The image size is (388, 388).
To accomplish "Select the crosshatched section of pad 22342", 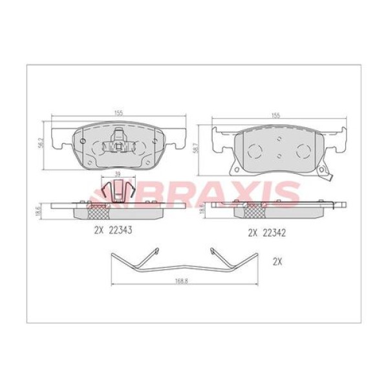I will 252,211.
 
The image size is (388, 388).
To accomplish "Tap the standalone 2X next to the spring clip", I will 278,262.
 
